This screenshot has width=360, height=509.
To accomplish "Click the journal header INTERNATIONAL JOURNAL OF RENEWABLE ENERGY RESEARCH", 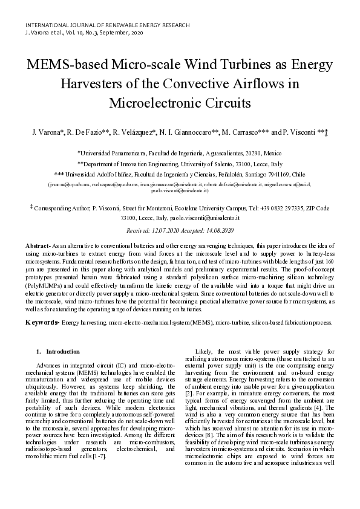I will coord(107,25).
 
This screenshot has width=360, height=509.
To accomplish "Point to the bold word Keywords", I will coord(41,323).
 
